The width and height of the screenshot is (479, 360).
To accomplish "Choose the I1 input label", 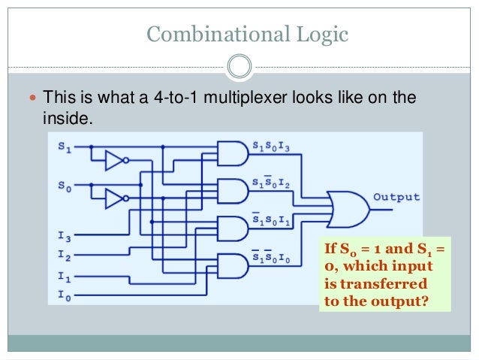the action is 64,276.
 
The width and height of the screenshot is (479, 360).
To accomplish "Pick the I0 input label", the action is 64,295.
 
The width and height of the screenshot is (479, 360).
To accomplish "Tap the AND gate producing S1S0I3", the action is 232,153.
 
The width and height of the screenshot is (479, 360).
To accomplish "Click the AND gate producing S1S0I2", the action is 232,191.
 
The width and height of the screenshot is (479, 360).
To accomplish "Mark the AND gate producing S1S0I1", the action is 232,228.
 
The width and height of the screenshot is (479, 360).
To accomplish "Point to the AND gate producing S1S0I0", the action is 232,265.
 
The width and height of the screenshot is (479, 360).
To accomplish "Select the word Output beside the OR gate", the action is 396,197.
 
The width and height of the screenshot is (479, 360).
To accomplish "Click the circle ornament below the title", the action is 239,65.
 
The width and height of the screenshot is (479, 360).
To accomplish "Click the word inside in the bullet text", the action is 63,119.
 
